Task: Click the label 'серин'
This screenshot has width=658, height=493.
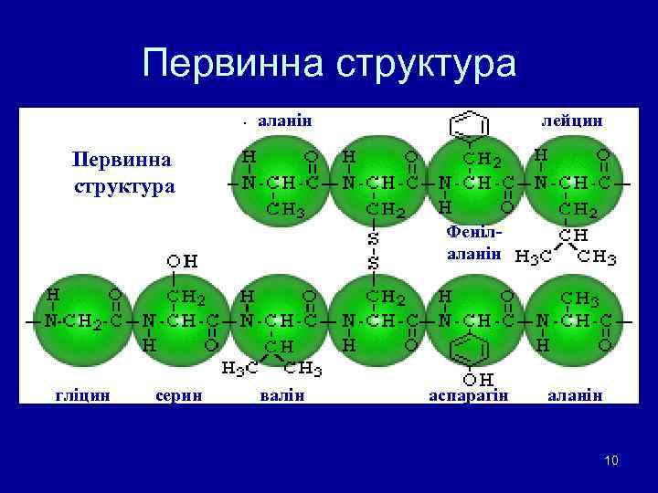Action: (x=179, y=393)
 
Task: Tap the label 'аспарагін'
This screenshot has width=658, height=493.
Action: (x=469, y=394)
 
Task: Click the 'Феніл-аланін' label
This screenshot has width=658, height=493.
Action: (x=473, y=243)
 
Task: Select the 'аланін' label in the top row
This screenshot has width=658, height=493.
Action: (x=286, y=120)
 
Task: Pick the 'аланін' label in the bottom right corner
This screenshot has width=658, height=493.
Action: (x=575, y=393)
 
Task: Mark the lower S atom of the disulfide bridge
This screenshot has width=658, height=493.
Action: (x=374, y=264)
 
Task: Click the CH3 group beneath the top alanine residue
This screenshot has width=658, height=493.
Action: (x=285, y=211)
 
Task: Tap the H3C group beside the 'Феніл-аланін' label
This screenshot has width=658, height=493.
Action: (x=534, y=257)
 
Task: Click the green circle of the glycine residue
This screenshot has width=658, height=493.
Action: (x=81, y=322)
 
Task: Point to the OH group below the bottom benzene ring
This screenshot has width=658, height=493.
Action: (x=475, y=378)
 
